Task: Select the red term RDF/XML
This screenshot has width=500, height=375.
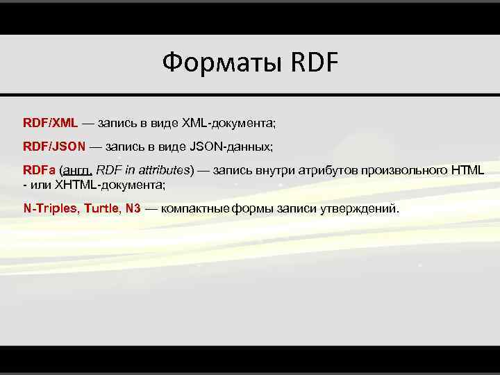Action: click(50, 122)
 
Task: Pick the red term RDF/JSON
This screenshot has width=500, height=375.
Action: click(54, 147)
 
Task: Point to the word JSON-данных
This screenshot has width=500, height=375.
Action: click(231, 147)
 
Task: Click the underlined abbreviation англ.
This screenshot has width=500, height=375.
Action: click(76, 171)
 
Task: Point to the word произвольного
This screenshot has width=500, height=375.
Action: click(403, 171)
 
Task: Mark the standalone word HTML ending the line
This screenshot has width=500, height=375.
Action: click(467, 171)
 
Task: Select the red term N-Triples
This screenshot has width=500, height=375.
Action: click(49, 208)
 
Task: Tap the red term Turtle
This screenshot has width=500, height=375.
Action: click(101, 208)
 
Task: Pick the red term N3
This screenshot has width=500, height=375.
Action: click(133, 208)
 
